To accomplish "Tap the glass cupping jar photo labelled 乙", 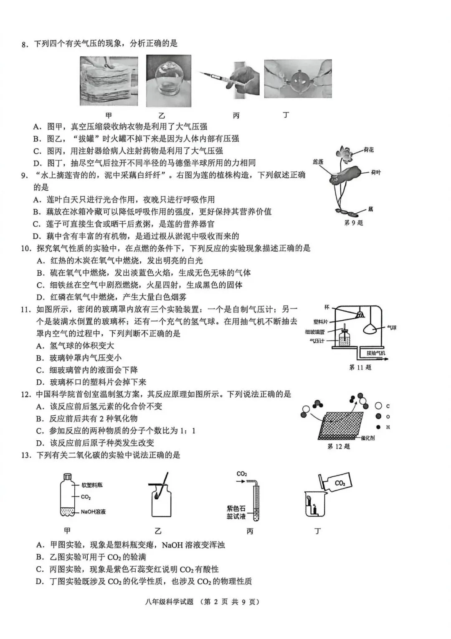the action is point(168,81).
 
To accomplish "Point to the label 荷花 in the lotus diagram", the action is point(369,150).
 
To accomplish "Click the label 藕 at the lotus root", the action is point(370,209).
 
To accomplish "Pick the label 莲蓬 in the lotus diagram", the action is point(318,161).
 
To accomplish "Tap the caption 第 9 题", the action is point(353,223).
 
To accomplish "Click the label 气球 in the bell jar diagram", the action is point(391,328).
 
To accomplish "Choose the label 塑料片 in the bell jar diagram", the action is point(321,322).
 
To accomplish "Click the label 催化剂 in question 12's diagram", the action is point(367,438).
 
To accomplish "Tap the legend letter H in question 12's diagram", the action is point(388,427).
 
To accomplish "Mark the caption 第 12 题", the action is point(338,447).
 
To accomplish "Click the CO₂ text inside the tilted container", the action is point(340,483).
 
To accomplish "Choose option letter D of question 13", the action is point(40,581).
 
